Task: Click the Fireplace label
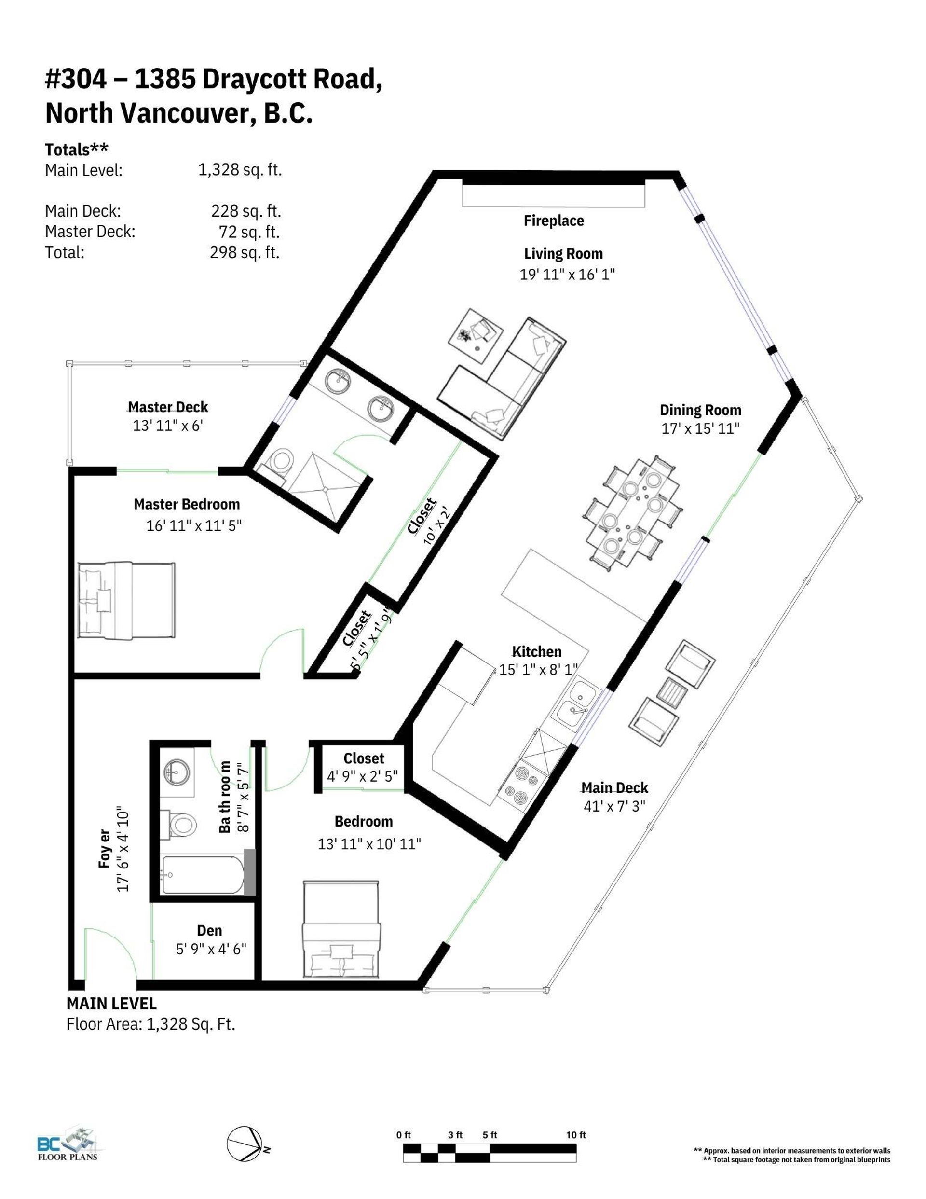tap(553, 221)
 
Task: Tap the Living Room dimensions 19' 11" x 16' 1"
tap(567, 275)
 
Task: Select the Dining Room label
tap(700, 410)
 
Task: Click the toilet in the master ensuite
tap(281, 460)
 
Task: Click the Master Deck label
tap(168, 407)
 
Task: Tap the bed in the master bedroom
tap(126, 601)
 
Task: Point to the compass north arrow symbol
tap(244, 1144)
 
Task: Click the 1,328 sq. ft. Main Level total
tap(240, 170)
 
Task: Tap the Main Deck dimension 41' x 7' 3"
tap(614, 806)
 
